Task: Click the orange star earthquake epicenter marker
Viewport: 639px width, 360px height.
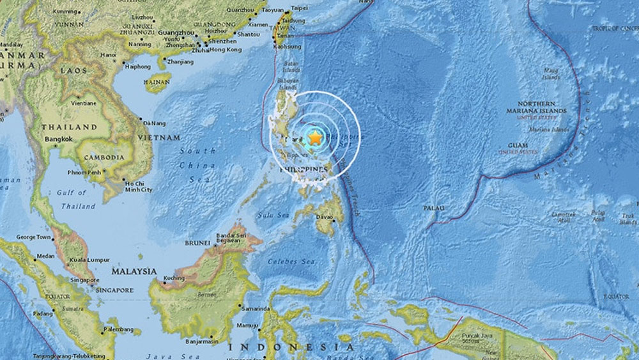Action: click(x=314, y=137)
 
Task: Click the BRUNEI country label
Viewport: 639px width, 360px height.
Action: click(x=197, y=243)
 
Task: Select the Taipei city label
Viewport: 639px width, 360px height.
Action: click(x=299, y=8)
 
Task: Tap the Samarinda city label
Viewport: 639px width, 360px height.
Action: click(x=257, y=308)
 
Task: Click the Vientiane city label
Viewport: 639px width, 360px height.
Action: click(x=84, y=103)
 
